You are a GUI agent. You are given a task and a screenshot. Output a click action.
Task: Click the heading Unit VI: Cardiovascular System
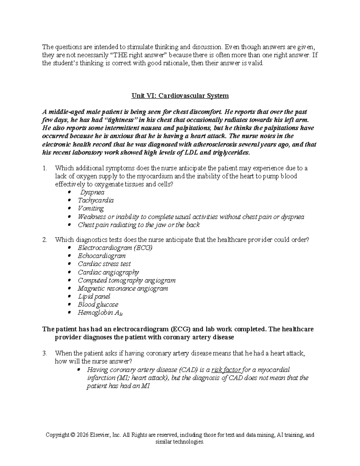pos(180,96)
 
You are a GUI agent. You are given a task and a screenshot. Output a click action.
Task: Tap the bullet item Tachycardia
pos(96,200)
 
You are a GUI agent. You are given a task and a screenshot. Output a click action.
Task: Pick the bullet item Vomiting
pos(91,209)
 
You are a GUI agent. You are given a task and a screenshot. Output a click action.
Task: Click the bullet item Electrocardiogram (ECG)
pos(115,248)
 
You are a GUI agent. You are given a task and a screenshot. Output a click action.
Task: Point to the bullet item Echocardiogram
pos(101,256)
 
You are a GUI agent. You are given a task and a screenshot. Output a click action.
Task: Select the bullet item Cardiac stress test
pos(104,264)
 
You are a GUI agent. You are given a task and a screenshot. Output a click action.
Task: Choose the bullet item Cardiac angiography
pos(108,272)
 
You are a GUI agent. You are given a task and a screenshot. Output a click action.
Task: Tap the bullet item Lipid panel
pos(94,296)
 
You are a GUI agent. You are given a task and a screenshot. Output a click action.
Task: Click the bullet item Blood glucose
pos(98,305)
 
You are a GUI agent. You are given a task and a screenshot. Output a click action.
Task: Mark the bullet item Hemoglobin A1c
pos(100,313)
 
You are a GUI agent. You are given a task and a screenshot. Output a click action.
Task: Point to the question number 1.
pos(45,168)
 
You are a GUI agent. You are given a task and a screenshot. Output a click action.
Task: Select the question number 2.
pos(45,240)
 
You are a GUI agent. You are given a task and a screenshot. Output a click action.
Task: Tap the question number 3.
pos(45,353)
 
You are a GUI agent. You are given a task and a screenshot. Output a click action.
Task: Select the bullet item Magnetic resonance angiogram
pos(123,289)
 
